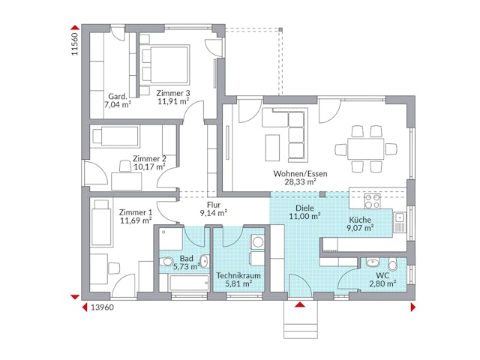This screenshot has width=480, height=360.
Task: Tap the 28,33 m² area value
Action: [x=300, y=181]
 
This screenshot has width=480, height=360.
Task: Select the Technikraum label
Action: [x=238, y=276]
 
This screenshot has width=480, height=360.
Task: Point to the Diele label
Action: [x=305, y=208]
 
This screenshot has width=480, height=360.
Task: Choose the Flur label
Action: [x=214, y=204]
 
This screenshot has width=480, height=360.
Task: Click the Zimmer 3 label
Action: [x=173, y=93]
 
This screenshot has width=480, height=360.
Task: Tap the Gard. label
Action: [x=117, y=97]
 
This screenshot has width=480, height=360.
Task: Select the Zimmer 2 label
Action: [x=148, y=158]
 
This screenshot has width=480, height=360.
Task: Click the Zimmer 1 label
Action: [x=136, y=212]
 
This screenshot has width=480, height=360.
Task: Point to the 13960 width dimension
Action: [x=102, y=307]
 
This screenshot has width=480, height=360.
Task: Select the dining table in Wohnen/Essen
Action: [x=365, y=147]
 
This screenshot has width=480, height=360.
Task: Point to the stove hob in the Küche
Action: [x=373, y=200]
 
